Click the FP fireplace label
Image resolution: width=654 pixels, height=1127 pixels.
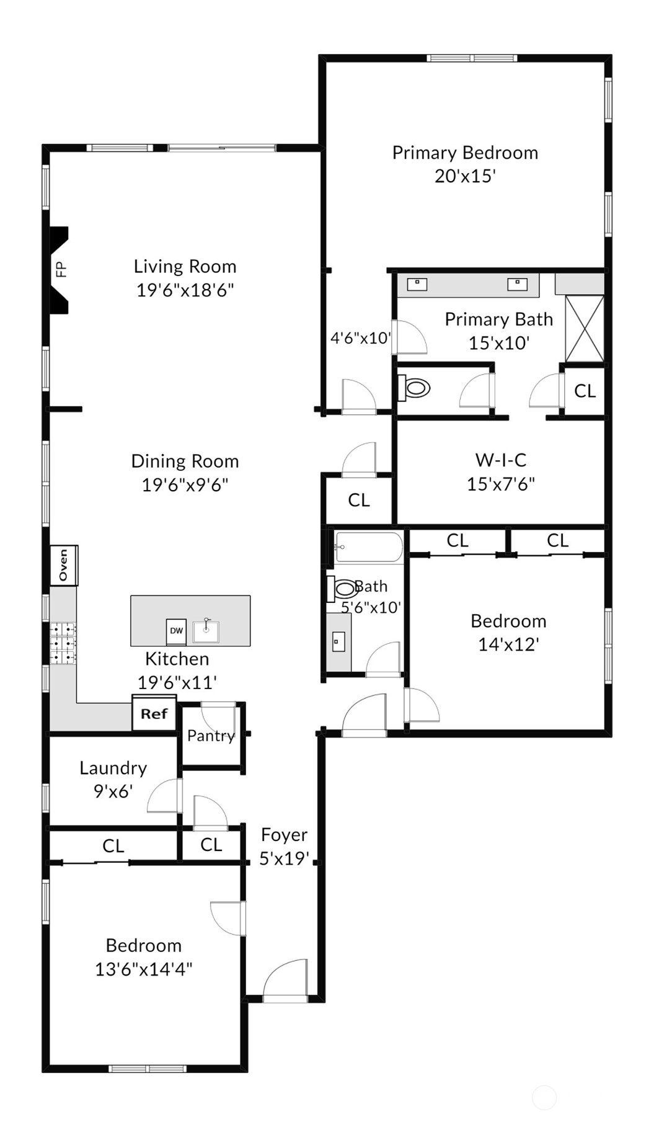[61, 269]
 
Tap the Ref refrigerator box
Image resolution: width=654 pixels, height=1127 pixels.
[154, 714]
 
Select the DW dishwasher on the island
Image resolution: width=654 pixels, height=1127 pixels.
[176, 631]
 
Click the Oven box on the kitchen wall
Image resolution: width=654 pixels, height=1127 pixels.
[63, 565]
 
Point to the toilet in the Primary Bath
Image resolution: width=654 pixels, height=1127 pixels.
[413, 388]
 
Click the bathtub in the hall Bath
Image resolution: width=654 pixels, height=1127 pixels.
[368, 547]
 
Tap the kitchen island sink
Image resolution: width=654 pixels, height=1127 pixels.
[206, 631]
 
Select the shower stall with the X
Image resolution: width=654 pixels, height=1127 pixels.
[585, 328]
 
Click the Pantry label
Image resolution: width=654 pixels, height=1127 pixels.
[211, 736]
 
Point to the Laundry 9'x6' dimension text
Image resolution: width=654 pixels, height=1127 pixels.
[113, 791]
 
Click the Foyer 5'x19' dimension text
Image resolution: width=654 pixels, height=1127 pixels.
[284, 858]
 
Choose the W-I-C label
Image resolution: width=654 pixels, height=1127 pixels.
[501, 460]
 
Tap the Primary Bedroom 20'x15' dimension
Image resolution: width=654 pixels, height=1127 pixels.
[465, 176]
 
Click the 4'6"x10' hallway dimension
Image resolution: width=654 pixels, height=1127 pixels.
[360, 338]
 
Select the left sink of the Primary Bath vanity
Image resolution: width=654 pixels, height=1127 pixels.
[417, 284]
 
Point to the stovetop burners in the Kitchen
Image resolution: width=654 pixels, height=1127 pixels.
[63, 643]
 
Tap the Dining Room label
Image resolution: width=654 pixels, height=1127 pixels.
[185, 461]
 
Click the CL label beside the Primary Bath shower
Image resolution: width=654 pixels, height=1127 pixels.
[585, 391]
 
